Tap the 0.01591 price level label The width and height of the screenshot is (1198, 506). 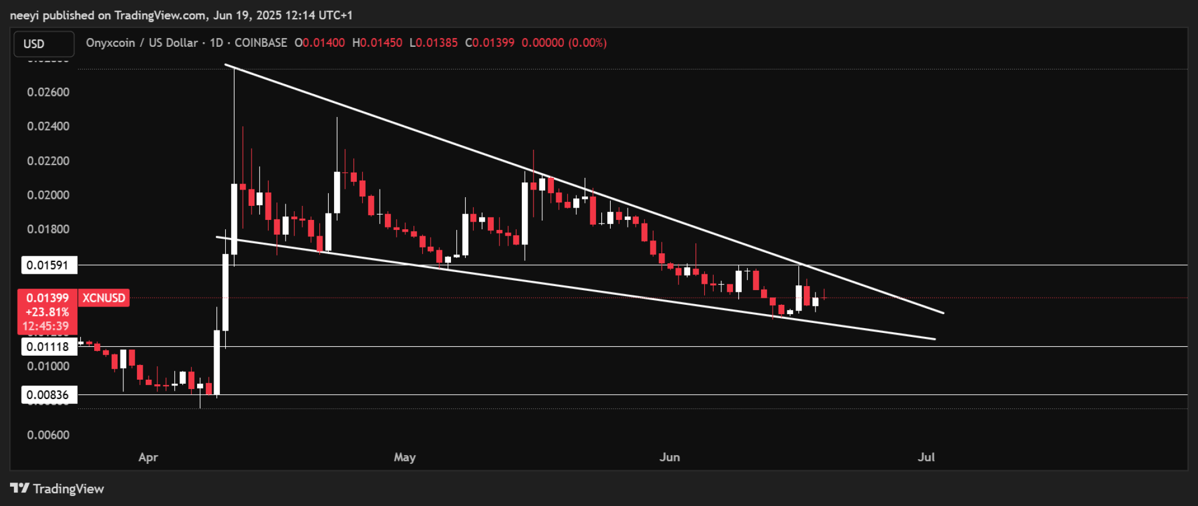tap(49, 265)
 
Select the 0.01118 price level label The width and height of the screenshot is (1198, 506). tap(49, 346)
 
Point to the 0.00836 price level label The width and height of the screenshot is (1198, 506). tap(49, 395)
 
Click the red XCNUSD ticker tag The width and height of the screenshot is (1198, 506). tap(104, 298)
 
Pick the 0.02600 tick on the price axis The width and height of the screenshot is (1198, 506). tap(48, 92)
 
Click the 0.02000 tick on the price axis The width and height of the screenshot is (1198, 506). tap(48, 195)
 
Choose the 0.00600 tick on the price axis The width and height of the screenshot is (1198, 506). tap(48, 435)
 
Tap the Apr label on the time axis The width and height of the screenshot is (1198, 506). tap(148, 457)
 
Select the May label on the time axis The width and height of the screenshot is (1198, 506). tap(405, 457)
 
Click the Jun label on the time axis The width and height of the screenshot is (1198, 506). tap(670, 457)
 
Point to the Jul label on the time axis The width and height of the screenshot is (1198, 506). tap(926, 457)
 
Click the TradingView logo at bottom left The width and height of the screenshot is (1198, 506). tap(57, 488)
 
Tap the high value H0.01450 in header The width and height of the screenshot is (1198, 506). tap(377, 43)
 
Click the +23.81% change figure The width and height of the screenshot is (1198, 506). tap(47, 312)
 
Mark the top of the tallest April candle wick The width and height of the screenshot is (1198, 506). tap(234, 69)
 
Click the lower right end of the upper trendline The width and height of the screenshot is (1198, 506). tap(944, 313)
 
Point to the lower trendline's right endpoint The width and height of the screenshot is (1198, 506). tap(935, 339)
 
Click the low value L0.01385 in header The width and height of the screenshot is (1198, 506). tap(433, 43)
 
